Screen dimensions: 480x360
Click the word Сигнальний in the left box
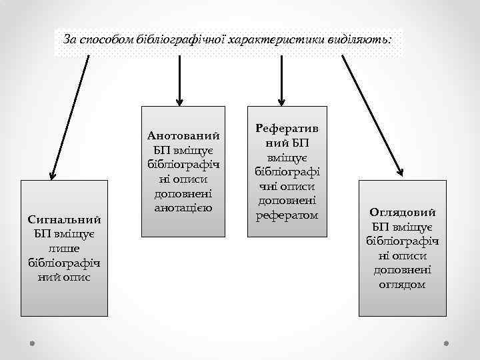65,219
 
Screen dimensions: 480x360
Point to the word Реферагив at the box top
287,127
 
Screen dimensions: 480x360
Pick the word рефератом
287,215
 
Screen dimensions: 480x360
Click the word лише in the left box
65,247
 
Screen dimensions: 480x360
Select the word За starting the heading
69,39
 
